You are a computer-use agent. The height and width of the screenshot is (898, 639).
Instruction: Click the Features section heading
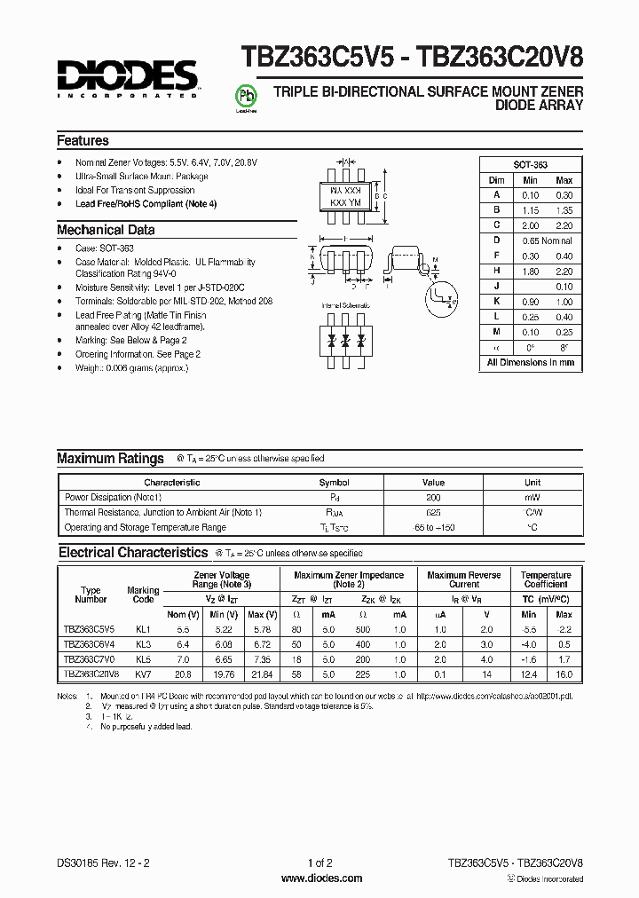point(83,141)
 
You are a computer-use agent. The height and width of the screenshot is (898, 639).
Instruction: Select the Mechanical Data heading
point(106,230)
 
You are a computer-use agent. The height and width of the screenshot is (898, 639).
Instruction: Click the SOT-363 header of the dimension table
point(531,165)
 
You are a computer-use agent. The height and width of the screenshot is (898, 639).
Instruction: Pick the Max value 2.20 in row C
point(564,225)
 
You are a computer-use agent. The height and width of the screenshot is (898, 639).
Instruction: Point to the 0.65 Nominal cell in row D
point(545,240)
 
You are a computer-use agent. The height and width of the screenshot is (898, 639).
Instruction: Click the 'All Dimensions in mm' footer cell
point(531,362)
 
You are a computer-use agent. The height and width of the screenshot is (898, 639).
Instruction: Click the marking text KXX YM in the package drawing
point(344,203)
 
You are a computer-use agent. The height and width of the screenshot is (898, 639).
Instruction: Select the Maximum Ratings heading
point(110,459)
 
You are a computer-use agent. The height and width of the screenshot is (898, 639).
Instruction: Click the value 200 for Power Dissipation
point(432,498)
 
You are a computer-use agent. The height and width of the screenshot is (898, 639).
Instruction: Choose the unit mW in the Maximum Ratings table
point(532,498)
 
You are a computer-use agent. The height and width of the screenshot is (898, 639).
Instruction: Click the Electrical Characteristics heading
point(133,553)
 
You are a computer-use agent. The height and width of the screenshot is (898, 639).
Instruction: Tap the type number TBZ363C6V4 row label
point(89,644)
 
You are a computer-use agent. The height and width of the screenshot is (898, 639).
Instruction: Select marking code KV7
point(143,674)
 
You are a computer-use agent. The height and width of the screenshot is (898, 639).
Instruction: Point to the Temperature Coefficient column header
point(545,580)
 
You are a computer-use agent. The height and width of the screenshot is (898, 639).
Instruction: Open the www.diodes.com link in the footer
point(320,878)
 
